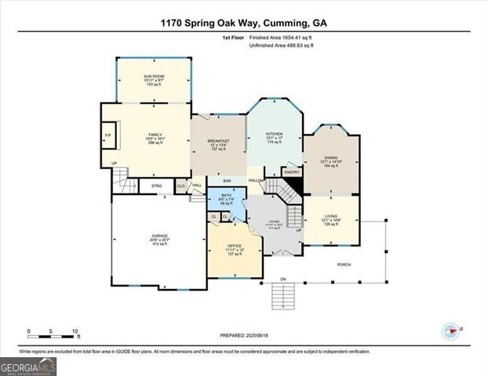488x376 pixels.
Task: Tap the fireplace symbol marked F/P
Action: pyautogui.click(x=108, y=135)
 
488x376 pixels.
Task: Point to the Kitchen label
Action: pyautogui.click(x=273, y=134)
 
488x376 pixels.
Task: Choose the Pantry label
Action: pyautogui.click(x=292, y=172)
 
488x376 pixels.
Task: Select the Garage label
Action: pyautogui.click(x=159, y=236)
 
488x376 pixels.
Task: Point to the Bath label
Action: pyautogui.click(x=226, y=194)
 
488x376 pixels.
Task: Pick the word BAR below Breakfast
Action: pyautogui.click(x=228, y=179)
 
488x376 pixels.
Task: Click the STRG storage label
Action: pyautogui.click(x=156, y=186)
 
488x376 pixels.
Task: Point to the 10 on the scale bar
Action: pyautogui.click(x=76, y=331)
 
